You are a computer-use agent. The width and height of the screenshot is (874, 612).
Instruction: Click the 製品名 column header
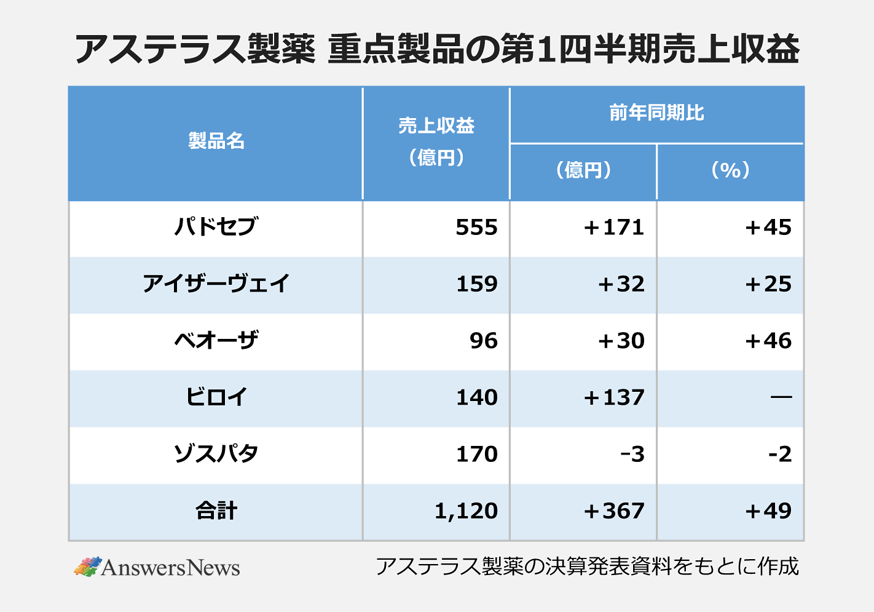216,141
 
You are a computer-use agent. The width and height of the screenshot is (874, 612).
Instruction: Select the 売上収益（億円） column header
436,141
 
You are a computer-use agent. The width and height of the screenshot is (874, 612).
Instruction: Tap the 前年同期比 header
656,113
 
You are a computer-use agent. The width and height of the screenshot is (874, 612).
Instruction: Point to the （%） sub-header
730,170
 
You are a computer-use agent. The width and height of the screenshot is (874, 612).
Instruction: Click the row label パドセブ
216,227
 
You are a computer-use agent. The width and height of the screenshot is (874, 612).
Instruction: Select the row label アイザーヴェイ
216,284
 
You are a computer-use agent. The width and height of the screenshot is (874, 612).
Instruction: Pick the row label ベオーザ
216,340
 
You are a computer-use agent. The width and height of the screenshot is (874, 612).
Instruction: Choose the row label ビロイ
216,397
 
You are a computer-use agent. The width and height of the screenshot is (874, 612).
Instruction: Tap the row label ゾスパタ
216,454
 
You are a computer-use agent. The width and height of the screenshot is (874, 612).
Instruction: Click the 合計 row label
216,511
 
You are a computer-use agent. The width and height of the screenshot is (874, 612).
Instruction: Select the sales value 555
476,228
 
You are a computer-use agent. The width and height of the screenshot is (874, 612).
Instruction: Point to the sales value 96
484,341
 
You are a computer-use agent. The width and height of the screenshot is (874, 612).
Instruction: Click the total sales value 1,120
466,511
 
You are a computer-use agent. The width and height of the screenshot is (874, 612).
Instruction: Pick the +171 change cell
613,228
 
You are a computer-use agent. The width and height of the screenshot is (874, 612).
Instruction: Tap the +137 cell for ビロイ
613,397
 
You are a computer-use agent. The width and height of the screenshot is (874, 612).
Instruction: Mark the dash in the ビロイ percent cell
781,397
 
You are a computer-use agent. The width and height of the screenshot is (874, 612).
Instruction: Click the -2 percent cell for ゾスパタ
780,455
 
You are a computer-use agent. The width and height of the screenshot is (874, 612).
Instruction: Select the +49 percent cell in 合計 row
768,511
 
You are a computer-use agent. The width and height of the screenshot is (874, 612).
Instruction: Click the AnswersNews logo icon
88,566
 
